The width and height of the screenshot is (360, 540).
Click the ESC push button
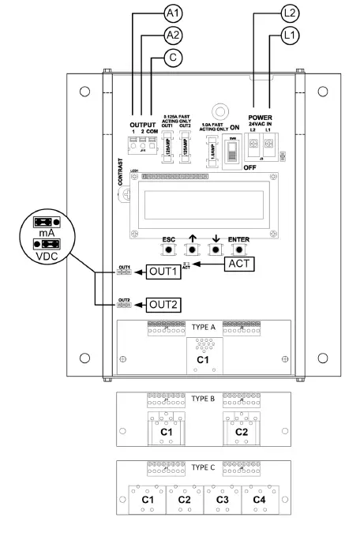(x=167, y=249)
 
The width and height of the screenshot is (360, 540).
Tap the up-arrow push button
(x=190, y=249)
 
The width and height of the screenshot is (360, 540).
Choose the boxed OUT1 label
(x=161, y=272)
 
